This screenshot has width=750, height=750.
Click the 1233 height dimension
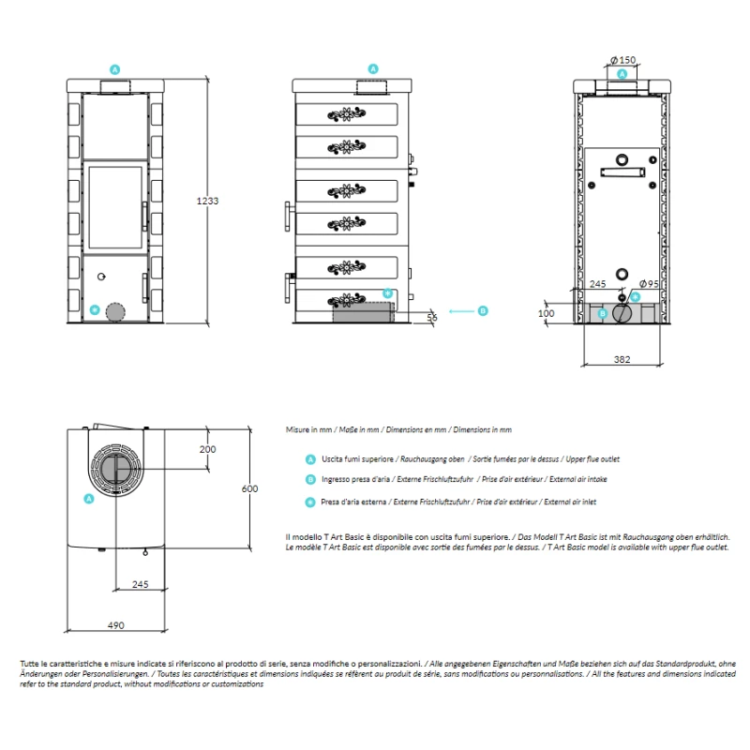(207, 201)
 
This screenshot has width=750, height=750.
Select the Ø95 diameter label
(648, 284)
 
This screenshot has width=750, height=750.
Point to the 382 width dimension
(622, 358)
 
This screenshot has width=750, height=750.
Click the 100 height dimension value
(547, 313)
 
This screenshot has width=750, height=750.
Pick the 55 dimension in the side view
(432, 318)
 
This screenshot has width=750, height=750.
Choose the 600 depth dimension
(248, 488)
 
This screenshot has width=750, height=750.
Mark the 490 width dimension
(115, 625)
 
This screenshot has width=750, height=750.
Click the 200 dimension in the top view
(207, 449)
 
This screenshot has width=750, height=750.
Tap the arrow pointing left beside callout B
(461, 310)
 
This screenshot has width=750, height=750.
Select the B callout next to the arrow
(484, 310)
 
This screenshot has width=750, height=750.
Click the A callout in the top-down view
(89, 499)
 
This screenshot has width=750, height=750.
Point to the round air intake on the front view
(114, 312)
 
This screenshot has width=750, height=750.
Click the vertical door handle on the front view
(143, 214)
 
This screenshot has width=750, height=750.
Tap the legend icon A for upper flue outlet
(310, 459)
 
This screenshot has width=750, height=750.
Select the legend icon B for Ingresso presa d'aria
(310, 480)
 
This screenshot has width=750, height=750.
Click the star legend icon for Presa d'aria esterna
(310, 502)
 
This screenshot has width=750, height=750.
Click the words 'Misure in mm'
(308, 429)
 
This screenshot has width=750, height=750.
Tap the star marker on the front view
(94, 309)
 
